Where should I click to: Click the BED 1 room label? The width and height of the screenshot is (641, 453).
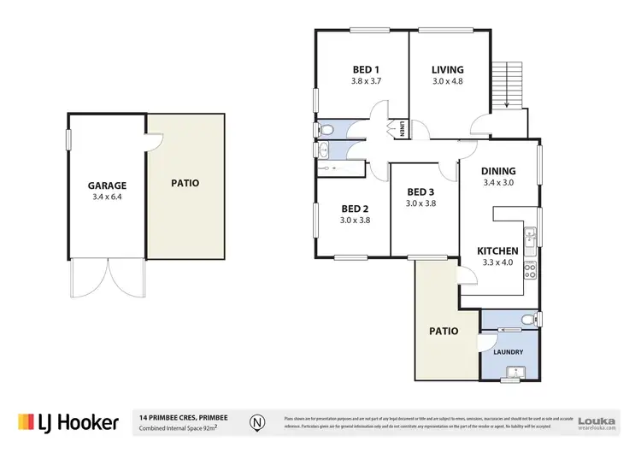click(365, 70)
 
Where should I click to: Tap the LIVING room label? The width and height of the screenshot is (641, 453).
click(447, 70)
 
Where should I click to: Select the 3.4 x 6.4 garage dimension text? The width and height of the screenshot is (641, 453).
click(107, 196)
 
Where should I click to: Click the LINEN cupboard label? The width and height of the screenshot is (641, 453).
click(401, 130)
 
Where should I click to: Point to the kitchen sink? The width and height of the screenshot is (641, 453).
click(530, 237)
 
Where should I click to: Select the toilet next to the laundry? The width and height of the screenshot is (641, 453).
click(528, 321)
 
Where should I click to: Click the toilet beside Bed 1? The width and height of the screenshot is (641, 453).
click(324, 130)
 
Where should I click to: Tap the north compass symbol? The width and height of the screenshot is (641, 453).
click(256, 421)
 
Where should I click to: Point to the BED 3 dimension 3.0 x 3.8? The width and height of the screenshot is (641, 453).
click(420, 203)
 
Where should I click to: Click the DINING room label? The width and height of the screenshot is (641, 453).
click(498, 171)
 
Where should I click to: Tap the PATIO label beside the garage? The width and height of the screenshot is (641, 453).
click(185, 183)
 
